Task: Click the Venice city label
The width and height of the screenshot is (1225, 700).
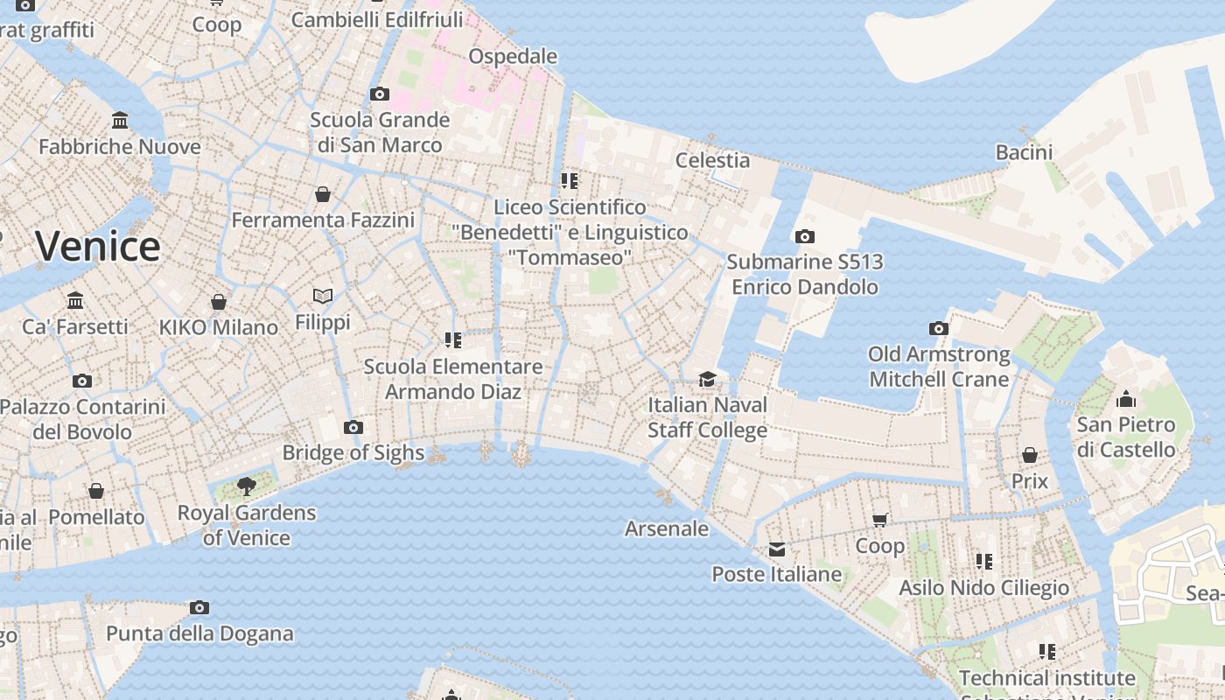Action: [x=98, y=246]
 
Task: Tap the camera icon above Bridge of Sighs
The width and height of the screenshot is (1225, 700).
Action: [x=353, y=427]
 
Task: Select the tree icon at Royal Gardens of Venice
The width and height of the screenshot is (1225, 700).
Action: [x=247, y=486]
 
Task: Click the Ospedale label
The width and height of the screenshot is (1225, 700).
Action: [x=513, y=56]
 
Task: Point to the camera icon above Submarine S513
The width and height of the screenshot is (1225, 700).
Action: [x=805, y=236]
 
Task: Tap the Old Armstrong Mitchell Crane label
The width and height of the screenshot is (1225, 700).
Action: [x=939, y=367]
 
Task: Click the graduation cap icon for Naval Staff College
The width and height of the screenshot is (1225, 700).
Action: [x=707, y=379]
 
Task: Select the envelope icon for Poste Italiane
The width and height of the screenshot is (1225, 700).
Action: [x=777, y=549]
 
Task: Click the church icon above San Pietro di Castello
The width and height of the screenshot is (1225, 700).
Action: [x=1126, y=400]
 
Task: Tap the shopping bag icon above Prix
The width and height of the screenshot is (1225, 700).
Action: [x=1030, y=455]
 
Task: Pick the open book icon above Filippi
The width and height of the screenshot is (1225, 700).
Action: [x=323, y=297]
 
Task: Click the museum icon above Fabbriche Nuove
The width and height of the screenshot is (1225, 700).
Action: [x=120, y=120]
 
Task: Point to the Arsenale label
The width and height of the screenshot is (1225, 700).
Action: [x=667, y=528]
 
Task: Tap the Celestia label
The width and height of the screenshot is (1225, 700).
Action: [x=713, y=160]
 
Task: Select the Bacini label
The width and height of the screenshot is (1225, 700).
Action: [x=1024, y=152]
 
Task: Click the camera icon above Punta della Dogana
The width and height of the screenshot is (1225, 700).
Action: [x=199, y=607]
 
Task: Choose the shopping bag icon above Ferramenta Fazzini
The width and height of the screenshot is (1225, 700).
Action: [x=323, y=194]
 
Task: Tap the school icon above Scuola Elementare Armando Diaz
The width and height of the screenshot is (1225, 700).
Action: [x=452, y=339]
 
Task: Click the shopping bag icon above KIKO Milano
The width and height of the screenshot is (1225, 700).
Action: [x=219, y=302]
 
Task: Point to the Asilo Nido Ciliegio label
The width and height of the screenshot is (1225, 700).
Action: [x=984, y=587]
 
